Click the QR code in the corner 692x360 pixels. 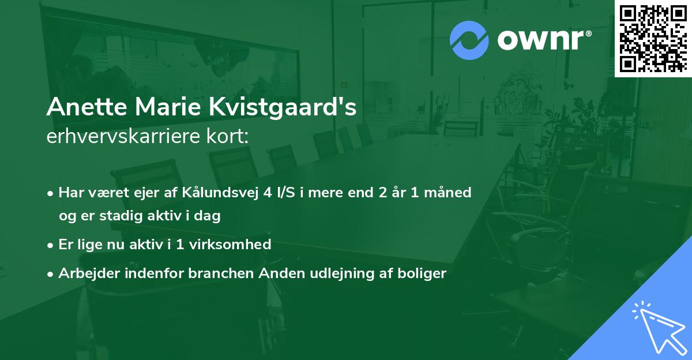click(652, 38)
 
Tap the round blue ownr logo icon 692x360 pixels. click(469, 40)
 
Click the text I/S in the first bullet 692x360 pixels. click(288, 193)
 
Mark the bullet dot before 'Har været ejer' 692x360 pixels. click(51, 193)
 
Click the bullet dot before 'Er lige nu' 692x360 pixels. click(51, 245)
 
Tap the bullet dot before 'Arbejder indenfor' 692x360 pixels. click(51, 274)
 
